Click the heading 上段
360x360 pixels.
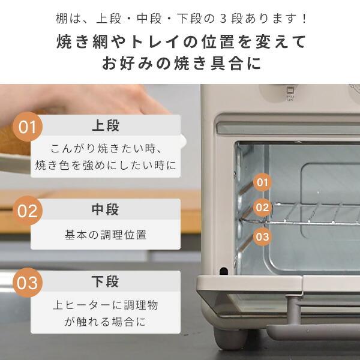[x=105, y=126]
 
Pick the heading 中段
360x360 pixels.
[x=105, y=210]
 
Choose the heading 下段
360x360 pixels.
[x=105, y=282]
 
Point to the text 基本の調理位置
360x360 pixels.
[x=105, y=235]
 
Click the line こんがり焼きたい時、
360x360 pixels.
[x=105, y=148]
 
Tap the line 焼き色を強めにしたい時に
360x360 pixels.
[x=105, y=164]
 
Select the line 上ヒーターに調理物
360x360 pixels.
[x=105, y=305]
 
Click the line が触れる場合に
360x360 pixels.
[x=105, y=322]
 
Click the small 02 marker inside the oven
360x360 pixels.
[x=262, y=208]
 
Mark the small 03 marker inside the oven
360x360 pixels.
[x=262, y=236]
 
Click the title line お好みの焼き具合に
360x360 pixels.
[x=180, y=64]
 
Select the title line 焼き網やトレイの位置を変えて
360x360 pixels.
[x=180, y=42]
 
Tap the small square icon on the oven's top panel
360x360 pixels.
[x=291, y=92]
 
